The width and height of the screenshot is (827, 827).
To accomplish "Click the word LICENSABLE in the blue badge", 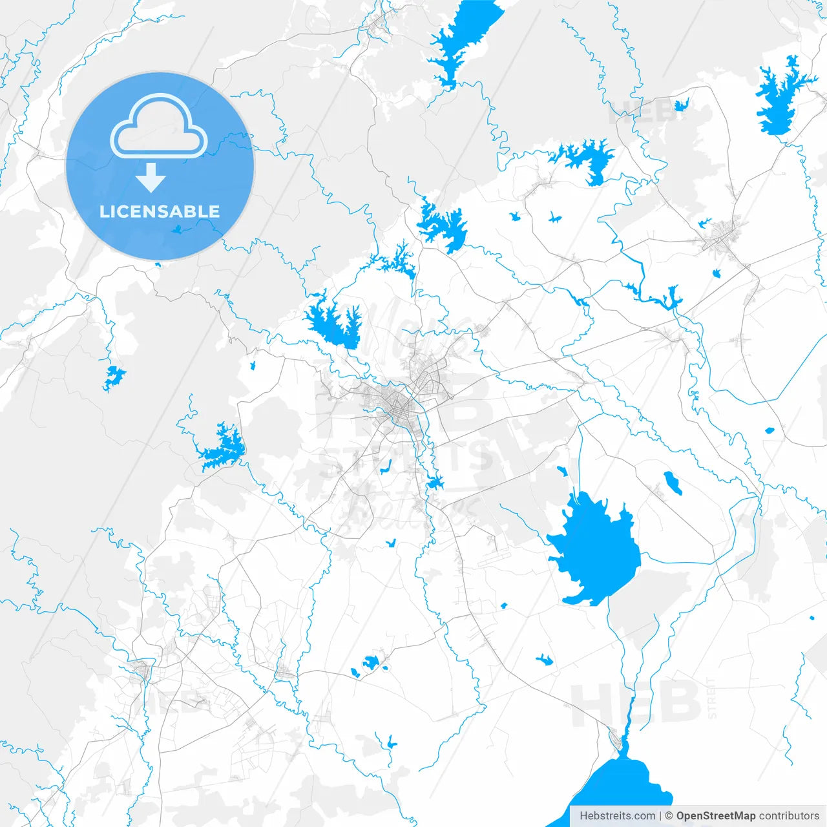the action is click(x=160, y=211).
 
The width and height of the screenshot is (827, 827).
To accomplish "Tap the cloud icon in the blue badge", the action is click(x=159, y=127).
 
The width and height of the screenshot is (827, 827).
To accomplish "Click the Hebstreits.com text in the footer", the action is click(x=617, y=815).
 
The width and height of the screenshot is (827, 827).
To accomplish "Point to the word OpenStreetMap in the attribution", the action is click(x=716, y=815).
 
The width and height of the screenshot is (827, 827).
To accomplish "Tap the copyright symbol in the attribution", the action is click(x=669, y=815).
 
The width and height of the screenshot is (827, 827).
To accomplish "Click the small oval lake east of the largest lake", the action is click(x=672, y=483).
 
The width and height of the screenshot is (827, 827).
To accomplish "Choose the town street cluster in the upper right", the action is click(x=720, y=236).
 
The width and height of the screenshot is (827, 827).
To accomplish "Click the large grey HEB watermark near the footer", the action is click(x=636, y=704).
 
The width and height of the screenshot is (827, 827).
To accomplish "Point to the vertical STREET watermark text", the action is click(x=712, y=698).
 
